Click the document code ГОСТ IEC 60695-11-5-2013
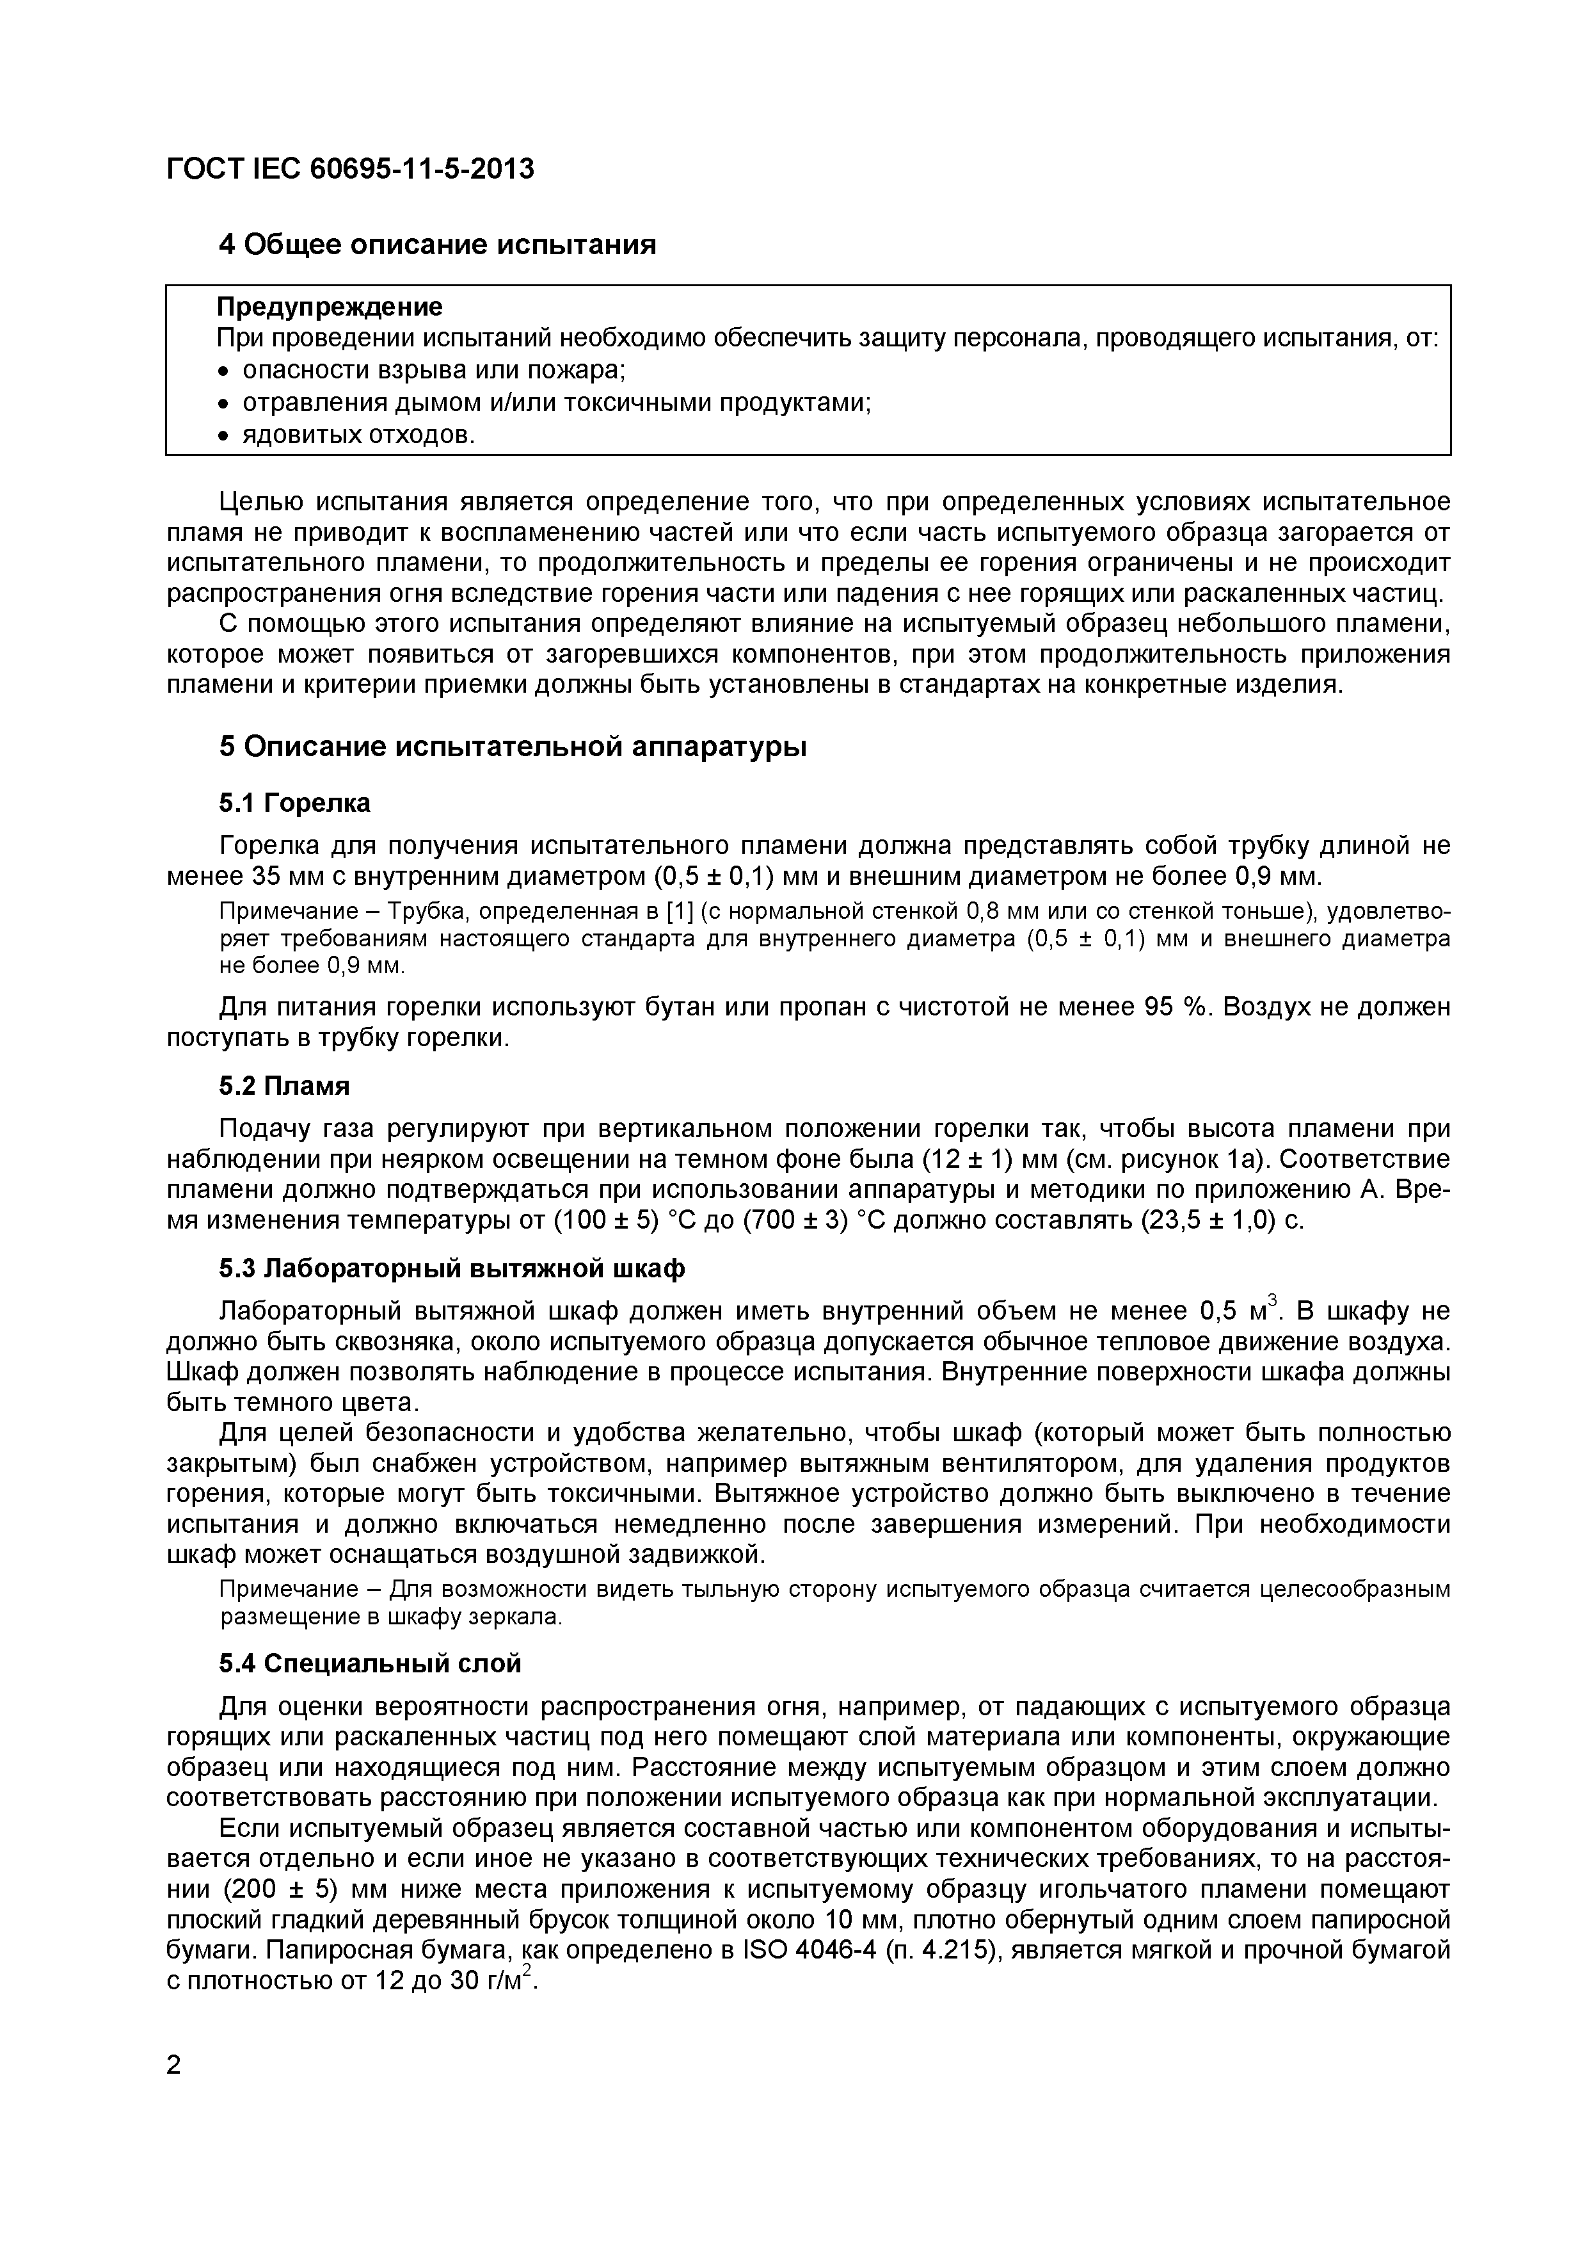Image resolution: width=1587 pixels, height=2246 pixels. (350, 169)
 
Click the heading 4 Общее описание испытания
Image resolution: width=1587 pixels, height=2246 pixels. (437, 245)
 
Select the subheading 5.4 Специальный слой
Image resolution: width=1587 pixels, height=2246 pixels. (370, 1664)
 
